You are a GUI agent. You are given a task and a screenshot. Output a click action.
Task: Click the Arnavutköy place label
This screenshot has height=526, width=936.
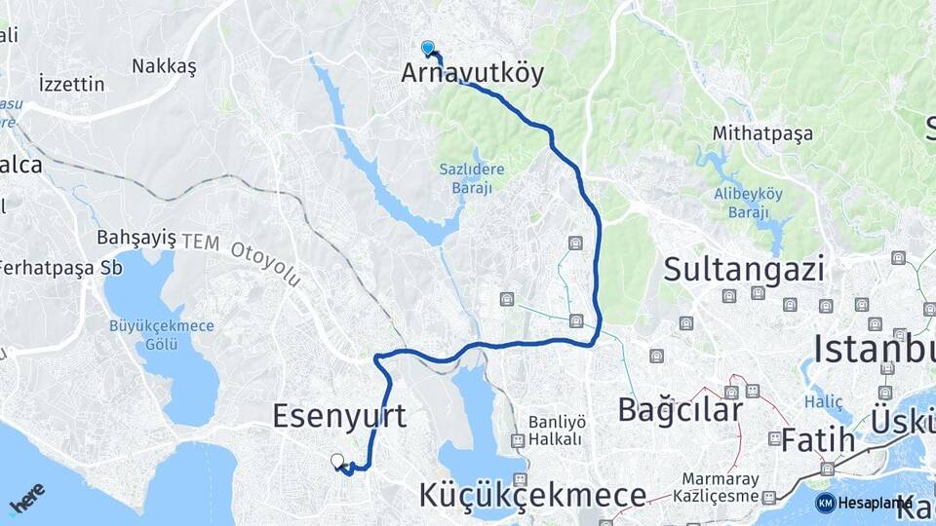472,73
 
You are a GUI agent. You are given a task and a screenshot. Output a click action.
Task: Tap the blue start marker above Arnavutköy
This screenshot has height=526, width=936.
427,47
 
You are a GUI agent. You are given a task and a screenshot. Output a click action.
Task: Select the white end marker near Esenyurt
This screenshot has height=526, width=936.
337,461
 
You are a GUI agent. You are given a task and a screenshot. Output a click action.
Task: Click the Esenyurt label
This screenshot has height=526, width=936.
339,415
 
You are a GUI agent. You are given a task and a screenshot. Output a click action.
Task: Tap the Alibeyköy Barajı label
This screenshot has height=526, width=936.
749,203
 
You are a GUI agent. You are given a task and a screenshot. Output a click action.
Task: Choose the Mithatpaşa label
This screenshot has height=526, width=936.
762,133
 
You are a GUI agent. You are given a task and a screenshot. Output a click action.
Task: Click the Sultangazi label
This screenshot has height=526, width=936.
744,269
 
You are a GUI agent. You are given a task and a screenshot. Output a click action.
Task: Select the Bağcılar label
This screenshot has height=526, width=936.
680,410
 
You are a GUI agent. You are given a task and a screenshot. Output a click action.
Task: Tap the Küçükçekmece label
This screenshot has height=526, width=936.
532,495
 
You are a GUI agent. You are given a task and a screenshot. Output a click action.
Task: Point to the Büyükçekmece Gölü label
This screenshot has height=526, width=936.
162,334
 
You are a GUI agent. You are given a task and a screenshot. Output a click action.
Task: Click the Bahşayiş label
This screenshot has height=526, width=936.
136,238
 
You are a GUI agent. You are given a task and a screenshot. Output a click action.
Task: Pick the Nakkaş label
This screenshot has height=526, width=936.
164,66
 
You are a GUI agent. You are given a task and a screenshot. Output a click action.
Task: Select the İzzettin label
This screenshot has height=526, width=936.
71,84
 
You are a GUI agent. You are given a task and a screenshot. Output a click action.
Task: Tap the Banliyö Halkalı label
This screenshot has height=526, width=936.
558,430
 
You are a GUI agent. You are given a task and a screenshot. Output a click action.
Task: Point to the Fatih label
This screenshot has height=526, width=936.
818,440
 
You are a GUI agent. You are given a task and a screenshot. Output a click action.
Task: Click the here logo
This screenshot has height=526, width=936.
27,497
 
